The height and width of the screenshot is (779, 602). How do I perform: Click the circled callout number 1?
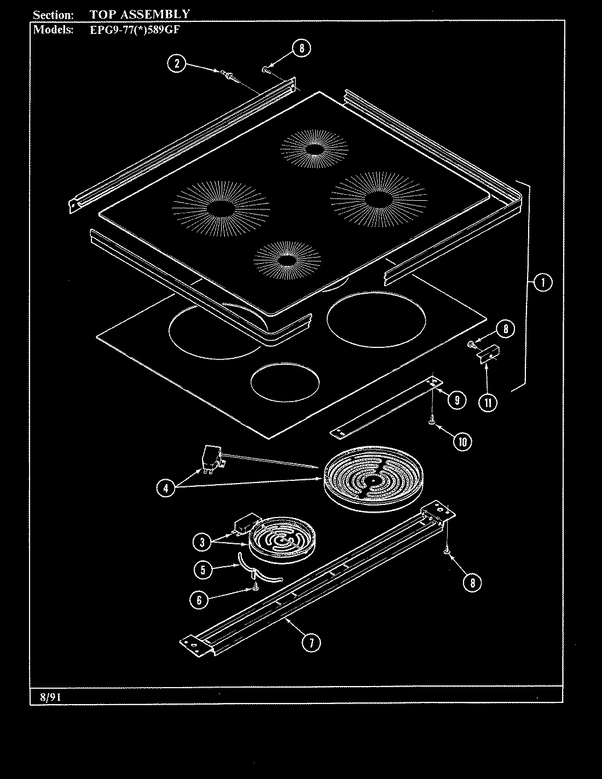pos(542,282)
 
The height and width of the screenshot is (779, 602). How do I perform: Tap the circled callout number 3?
pos(202,542)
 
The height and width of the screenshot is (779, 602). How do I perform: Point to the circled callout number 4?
pos(166,487)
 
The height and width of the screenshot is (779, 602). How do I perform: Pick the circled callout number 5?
pos(202,569)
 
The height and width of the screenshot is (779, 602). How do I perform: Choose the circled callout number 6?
pos(199,600)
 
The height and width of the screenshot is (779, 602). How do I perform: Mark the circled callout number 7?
pos(311,642)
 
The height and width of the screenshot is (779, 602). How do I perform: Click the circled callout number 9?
pos(456,400)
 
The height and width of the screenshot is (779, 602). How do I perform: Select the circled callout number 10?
pos(462,441)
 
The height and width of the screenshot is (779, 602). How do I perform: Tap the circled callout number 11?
pos(487,403)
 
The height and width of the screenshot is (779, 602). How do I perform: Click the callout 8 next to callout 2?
pos(300,48)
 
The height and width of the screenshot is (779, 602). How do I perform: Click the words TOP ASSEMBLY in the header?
pos(140,14)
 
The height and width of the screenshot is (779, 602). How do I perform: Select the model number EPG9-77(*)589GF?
pos(135,30)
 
